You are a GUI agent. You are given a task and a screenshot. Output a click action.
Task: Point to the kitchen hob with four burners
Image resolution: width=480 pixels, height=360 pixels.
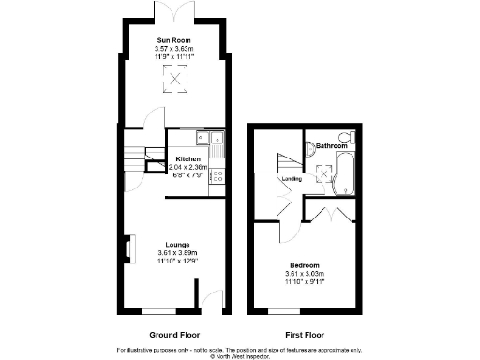pos(217,174)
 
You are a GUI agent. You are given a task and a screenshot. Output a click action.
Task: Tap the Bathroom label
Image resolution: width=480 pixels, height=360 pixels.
pos(331,146)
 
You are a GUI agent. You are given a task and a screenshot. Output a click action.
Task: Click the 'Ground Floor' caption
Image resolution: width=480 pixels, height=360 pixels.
pos(174,334)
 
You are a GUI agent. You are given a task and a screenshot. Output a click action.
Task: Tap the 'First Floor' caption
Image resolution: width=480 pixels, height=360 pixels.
pos(306,334)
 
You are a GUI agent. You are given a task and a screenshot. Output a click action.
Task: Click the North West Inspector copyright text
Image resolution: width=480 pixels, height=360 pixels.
pos(240,356)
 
